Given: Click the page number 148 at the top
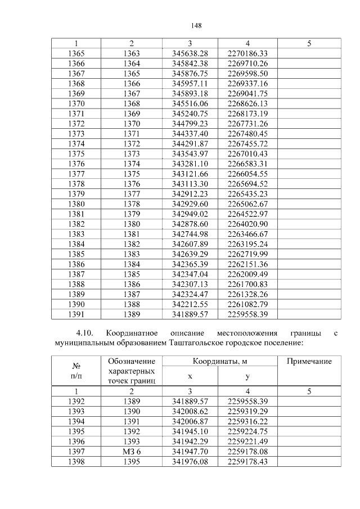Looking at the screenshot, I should pyautogui.click(x=196, y=26).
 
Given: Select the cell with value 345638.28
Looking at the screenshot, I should pyautogui.click(x=190, y=53).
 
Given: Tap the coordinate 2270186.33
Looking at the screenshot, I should pyautogui.click(x=247, y=53).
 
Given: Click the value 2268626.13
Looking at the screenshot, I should pyautogui.click(x=247, y=103).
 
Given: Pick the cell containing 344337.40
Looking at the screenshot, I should pyautogui.click(x=190, y=134).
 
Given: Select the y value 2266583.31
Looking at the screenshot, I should pyautogui.click(x=247, y=164).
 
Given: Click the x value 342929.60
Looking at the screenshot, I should pyautogui.click(x=190, y=204).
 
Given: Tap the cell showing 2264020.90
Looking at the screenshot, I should pyautogui.click(x=247, y=224).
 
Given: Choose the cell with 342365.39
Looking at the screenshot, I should pyautogui.click(x=190, y=264).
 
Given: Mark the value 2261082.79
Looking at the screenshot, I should pyautogui.click(x=247, y=304).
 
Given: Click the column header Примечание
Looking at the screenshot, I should pyautogui.click(x=309, y=361).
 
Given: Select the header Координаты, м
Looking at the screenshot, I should pyautogui.click(x=219, y=361).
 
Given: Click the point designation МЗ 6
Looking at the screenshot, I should pyautogui.click(x=131, y=451).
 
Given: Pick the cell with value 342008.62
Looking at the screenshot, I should pyautogui.click(x=190, y=411).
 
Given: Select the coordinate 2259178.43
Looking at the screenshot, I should pyautogui.click(x=247, y=461).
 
